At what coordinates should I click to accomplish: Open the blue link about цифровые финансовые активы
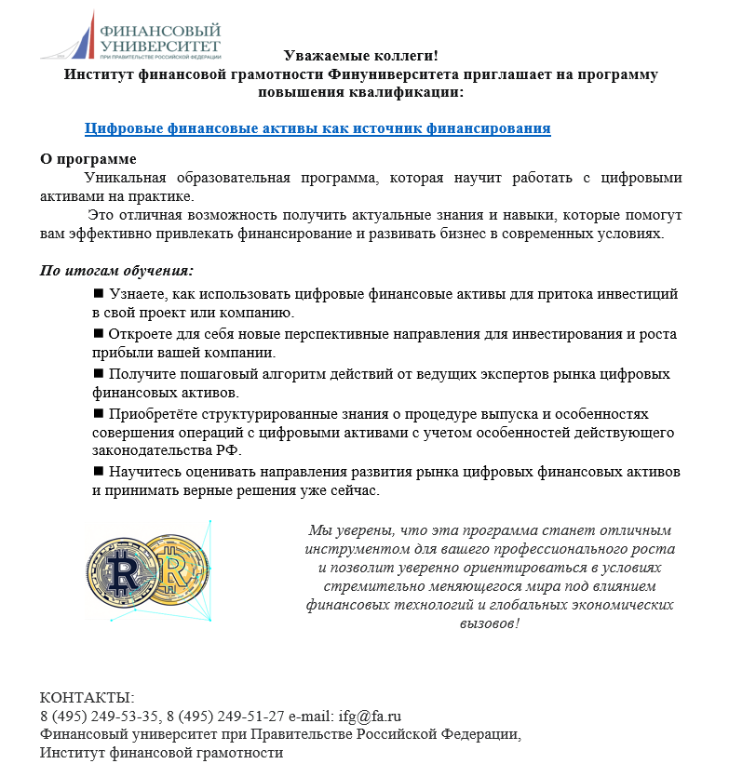coord(317,128)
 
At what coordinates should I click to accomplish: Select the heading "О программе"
coord(88,159)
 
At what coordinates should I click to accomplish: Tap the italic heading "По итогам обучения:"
coord(116,271)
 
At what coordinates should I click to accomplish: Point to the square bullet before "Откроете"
coord(99,333)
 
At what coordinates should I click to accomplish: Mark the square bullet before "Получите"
coord(99,373)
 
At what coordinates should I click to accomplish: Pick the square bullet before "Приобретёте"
coord(99,412)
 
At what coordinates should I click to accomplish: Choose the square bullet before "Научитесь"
coord(99,471)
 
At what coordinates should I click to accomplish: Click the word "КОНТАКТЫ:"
coord(88,698)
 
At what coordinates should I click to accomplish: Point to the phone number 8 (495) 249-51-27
coord(225,717)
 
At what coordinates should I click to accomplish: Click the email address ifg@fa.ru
coord(371,717)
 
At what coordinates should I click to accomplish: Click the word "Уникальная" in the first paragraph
coord(125,178)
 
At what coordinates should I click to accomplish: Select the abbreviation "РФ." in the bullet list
coord(227,451)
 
